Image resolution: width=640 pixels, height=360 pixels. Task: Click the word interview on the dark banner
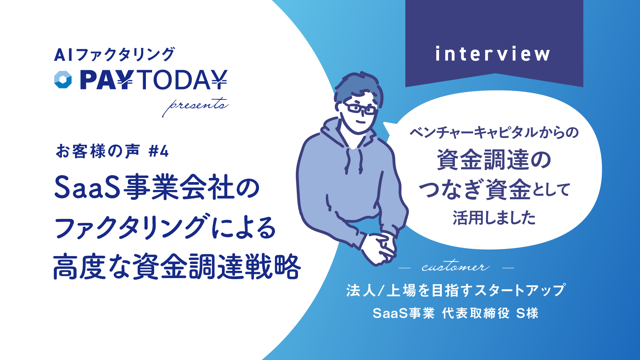(493, 54)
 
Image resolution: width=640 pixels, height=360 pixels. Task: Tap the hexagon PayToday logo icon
(63, 80)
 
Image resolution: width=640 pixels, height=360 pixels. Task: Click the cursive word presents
(195, 105)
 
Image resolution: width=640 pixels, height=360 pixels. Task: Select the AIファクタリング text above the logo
(115, 54)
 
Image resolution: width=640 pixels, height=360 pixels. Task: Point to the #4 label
(159, 151)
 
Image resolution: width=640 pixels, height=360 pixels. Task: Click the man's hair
(358, 88)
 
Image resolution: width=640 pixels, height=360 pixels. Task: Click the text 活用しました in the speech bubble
(494, 218)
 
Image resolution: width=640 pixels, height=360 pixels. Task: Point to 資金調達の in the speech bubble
(494, 160)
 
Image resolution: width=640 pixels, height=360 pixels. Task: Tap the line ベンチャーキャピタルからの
(494, 132)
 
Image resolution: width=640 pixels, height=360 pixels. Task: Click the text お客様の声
(98, 151)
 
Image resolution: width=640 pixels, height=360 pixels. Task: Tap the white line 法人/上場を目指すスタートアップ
(456, 290)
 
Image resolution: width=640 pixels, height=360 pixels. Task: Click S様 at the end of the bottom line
(527, 313)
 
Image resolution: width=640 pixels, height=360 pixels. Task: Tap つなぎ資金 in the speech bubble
(475, 189)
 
